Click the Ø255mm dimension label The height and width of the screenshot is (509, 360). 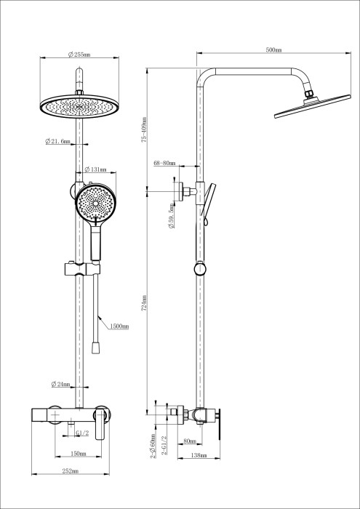click(78, 55)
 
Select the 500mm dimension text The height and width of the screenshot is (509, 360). click(273, 50)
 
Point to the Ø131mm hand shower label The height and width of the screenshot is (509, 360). click(95, 169)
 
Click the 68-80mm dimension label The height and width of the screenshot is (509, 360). click(164, 164)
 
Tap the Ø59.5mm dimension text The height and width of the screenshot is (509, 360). click(170, 216)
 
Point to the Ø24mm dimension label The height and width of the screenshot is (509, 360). click(60, 384)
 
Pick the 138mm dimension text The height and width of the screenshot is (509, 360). click(198, 456)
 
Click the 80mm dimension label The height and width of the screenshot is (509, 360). click(191, 441)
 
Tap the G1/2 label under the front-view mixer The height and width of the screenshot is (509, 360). click(82, 433)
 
